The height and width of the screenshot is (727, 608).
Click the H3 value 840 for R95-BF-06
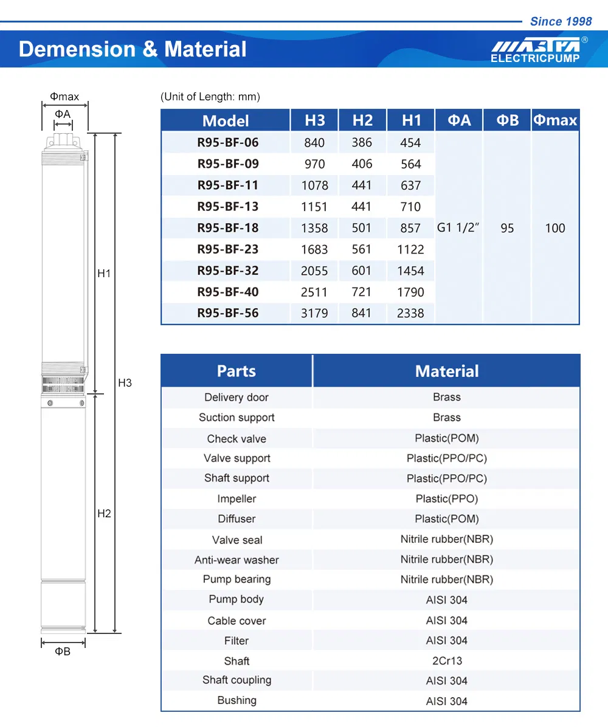point(314,143)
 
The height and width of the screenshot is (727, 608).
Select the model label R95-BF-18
point(228,228)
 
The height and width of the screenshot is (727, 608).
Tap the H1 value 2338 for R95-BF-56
point(410,314)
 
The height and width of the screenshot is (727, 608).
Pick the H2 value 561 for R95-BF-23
point(361,249)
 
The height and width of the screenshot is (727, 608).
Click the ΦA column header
point(459,120)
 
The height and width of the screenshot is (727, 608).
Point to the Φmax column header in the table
point(555,120)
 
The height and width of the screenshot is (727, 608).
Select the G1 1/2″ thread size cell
point(458,229)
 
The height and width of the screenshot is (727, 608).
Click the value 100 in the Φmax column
point(555,229)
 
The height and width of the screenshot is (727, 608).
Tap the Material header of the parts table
point(447,371)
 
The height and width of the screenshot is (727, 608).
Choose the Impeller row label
point(237,499)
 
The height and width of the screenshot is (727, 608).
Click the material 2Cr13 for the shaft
point(447,661)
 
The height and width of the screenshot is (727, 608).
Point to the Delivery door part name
point(237,398)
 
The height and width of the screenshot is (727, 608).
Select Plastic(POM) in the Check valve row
point(447,438)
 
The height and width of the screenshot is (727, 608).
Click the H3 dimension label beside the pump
point(125,383)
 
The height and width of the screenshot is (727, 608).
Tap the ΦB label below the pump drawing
point(63,652)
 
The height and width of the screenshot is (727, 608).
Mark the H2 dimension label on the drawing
point(104,514)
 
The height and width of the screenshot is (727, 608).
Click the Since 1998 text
point(561,22)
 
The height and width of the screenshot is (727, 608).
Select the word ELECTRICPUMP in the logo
point(535,58)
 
